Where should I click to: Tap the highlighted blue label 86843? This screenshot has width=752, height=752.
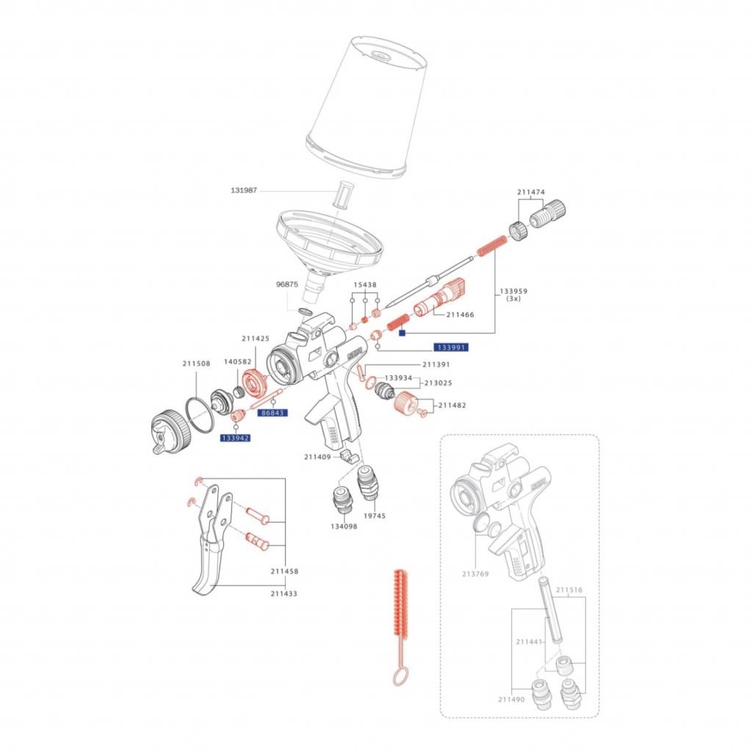pyautogui.click(x=273, y=413)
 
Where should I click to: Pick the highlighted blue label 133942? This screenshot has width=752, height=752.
pyautogui.click(x=235, y=438)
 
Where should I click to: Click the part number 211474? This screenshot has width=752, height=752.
pyautogui.click(x=531, y=192)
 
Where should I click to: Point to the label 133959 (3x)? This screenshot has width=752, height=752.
pyautogui.click(x=514, y=295)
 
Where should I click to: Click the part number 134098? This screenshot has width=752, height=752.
pyautogui.click(x=343, y=526)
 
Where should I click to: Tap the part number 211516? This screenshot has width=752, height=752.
pyautogui.click(x=570, y=589)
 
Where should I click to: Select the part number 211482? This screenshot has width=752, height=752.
pyautogui.click(x=453, y=405)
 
